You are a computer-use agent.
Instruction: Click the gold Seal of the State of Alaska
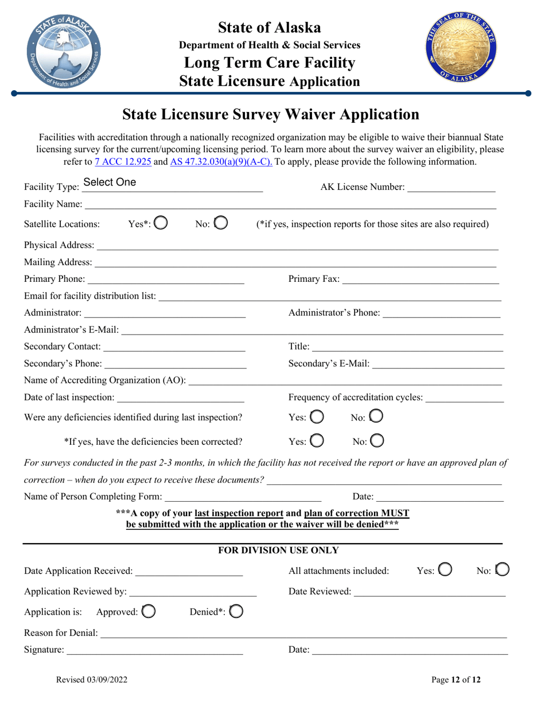(460, 51)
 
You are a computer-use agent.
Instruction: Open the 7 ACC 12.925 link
(123, 162)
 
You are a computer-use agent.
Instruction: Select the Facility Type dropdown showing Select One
(172, 183)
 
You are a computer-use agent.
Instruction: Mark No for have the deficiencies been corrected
(376, 441)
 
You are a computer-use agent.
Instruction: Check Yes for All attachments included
(445, 570)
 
